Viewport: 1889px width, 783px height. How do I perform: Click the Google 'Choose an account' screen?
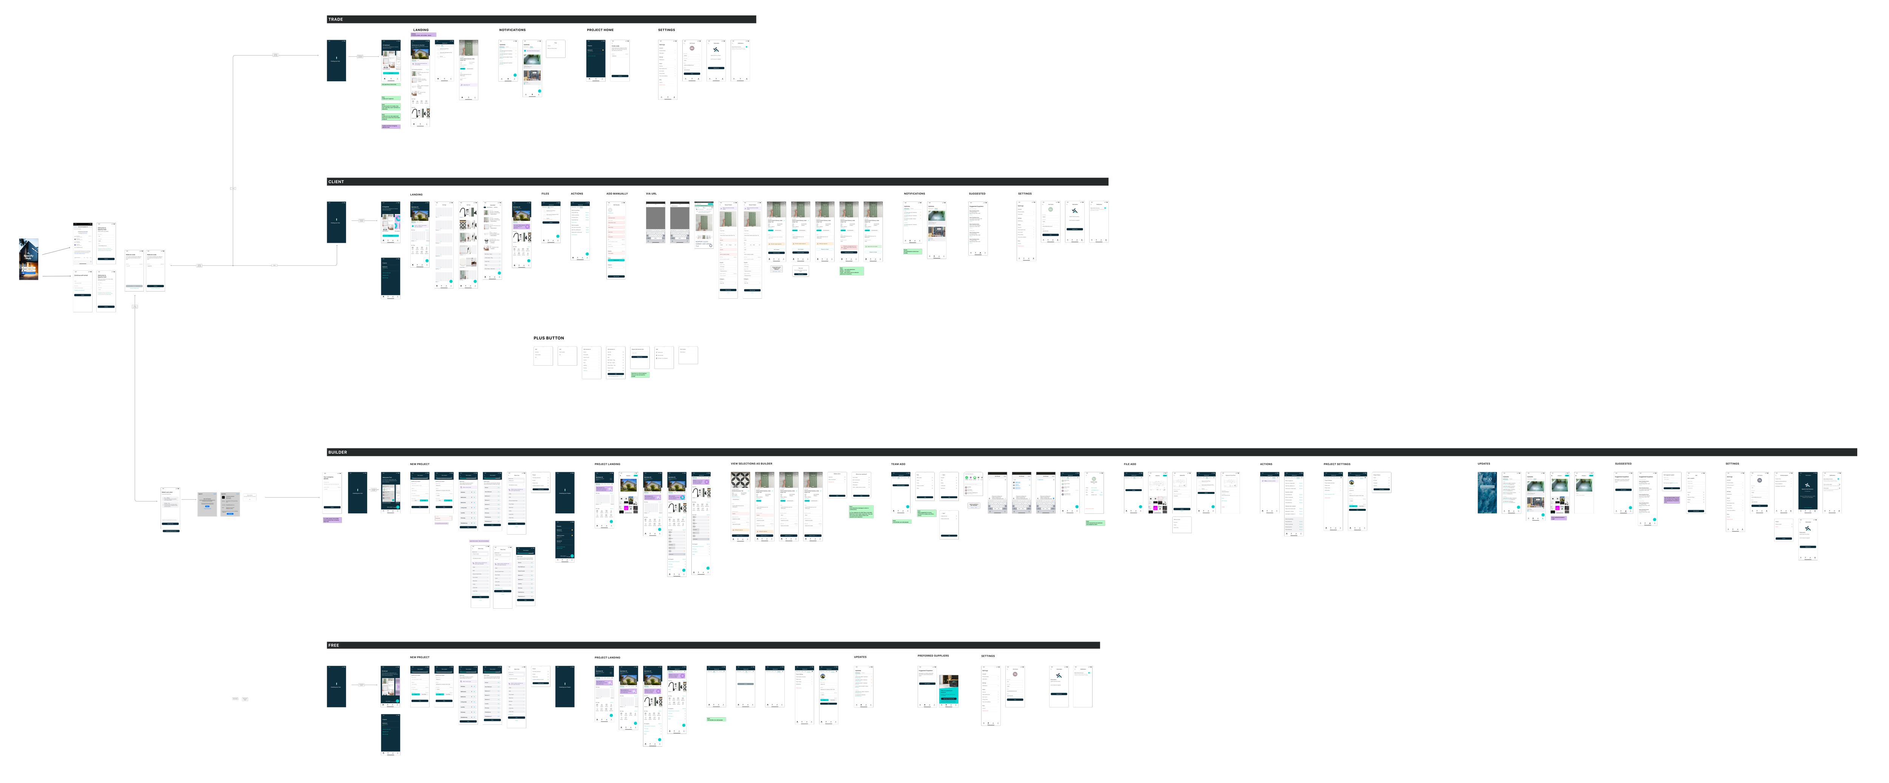pyautogui.click(x=207, y=504)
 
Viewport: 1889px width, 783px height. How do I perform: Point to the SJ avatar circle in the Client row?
pyautogui.click(x=1050, y=210)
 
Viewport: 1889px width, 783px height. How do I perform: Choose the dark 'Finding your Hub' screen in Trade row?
pyautogui.click(x=336, y=60)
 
